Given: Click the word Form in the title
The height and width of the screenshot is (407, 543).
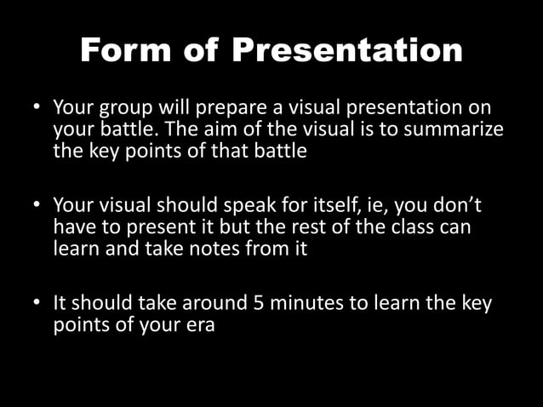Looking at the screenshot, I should [x=128, y=50].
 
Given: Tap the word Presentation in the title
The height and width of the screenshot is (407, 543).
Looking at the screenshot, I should [x=347, y=50].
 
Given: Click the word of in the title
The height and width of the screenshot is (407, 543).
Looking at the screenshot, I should [x=203, y=50].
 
